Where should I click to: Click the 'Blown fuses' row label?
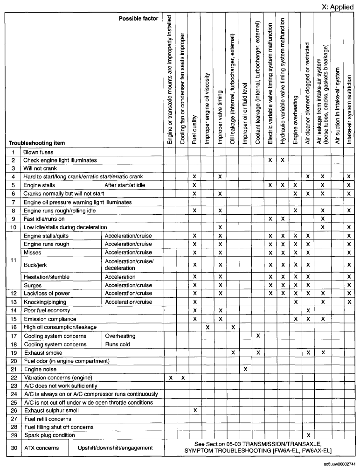click(38, 152)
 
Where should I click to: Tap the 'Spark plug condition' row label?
click(49, 435)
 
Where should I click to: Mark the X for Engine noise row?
click(245, 369)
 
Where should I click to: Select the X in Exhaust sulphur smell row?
click(194, 410)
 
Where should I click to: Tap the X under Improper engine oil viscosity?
click(207, 327)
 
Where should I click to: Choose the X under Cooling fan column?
click(183, 377)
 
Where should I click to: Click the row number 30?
click(14, 448)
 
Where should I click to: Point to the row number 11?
click(14, 260)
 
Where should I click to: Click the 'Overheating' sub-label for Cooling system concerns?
click(120, 336)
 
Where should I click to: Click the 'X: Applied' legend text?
click(338, 7)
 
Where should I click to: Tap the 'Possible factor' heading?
click(138, 18)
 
